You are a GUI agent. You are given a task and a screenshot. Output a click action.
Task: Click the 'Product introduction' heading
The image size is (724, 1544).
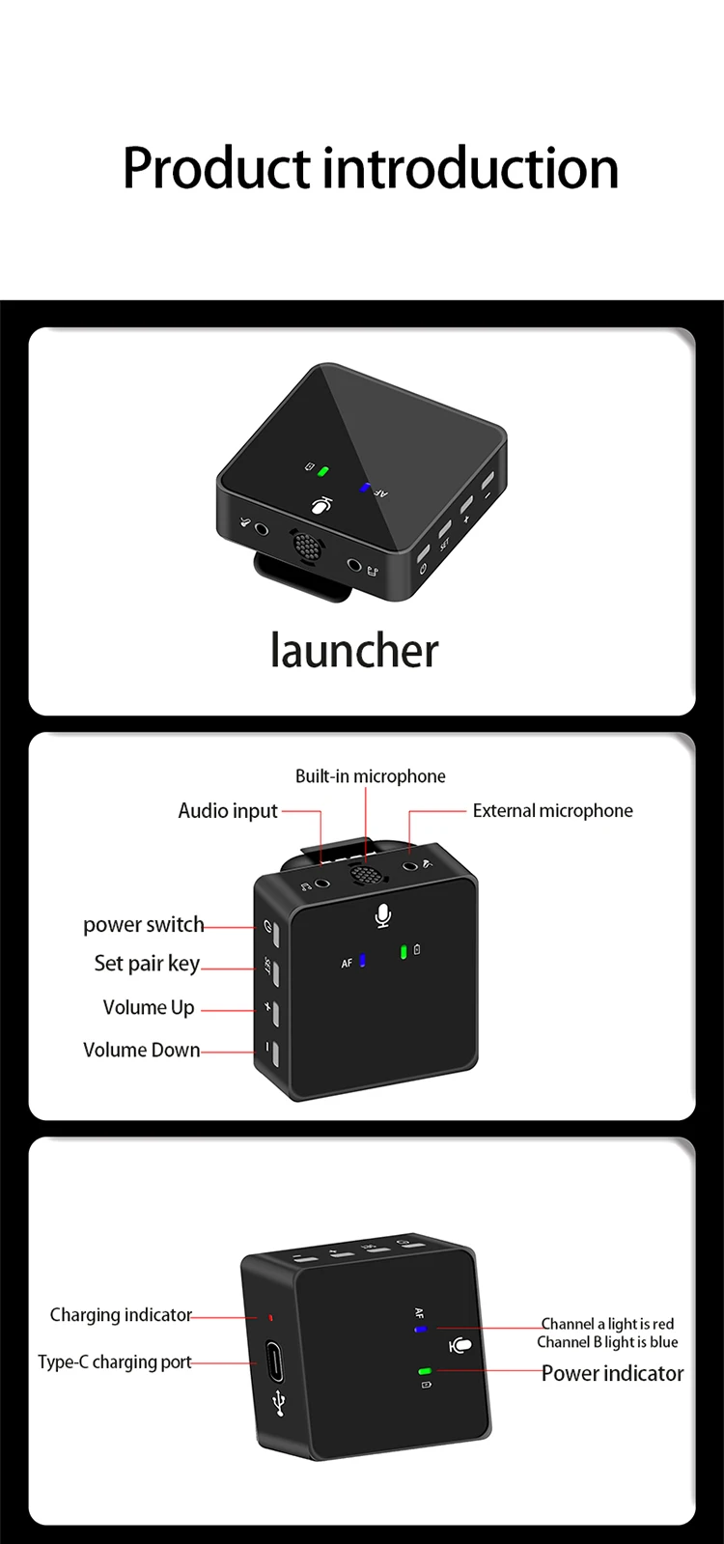tap(371, 169)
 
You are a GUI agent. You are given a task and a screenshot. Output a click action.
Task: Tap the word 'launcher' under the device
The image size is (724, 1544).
tap(354, 651)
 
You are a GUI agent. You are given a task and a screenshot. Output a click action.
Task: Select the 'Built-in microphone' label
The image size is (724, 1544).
tap(370, 776)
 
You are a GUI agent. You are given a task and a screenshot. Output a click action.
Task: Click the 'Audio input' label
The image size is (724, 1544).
tap(228, 810)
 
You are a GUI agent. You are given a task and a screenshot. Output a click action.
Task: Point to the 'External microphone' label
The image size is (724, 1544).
tap(552, 810)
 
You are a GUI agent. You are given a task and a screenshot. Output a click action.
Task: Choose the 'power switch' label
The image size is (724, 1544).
tap(143, 924)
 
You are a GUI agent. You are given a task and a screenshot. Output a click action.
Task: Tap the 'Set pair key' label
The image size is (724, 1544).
tap(147, 964)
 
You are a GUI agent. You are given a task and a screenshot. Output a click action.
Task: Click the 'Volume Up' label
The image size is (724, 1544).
tap(149, 1008)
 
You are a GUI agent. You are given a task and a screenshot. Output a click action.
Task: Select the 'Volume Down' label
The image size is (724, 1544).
tap(141, 1050)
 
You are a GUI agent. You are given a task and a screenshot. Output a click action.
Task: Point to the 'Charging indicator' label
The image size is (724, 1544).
tap(121, 1315)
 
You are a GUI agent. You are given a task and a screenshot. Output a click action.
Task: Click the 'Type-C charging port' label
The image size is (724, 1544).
tap(114, 1362)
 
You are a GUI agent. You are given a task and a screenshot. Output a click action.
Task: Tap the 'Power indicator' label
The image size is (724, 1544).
tap(612, 1373)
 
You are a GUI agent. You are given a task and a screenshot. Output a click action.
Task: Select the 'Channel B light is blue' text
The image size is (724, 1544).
tap(607, 1342)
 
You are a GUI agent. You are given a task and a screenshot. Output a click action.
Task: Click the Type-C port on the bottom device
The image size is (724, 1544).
tap(274, 1362)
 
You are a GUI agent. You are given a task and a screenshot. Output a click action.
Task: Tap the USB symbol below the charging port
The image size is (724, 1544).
tap(279, 1403)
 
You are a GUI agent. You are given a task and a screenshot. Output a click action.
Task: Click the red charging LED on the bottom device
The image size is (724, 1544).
tap(270, 1318)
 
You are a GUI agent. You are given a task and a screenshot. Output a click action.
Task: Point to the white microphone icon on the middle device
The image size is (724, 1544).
tap(382, 916)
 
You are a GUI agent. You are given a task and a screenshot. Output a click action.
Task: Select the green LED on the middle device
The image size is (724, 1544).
tap(404, 952)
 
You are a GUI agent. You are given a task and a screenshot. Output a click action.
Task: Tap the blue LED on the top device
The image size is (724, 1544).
tap(364, 488)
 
